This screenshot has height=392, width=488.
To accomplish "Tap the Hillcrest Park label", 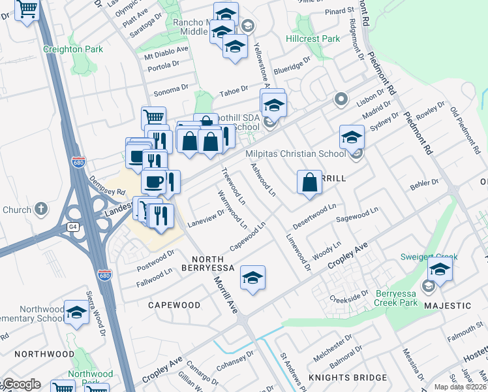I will (x=313, y=39).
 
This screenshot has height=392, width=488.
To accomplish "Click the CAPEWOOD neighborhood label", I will (x=174, y=305).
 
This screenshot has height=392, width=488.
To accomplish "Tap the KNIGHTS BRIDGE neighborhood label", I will (x=348, y=378).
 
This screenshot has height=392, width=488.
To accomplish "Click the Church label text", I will (x=17, y=210).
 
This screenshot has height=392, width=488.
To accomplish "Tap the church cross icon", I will (x=41, y=209).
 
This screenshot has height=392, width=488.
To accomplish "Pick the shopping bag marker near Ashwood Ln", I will (x=309, y=182).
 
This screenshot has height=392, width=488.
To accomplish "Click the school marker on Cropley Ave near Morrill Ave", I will (x=252, y=278).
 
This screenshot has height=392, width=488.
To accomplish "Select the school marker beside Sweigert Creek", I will (x=440, y=269).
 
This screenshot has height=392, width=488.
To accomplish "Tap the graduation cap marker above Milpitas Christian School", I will (x=352, y=137).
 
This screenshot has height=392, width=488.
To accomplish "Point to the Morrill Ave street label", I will (x=224, y=293).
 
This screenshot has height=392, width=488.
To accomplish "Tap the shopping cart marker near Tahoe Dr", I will (x=153, y=118).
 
